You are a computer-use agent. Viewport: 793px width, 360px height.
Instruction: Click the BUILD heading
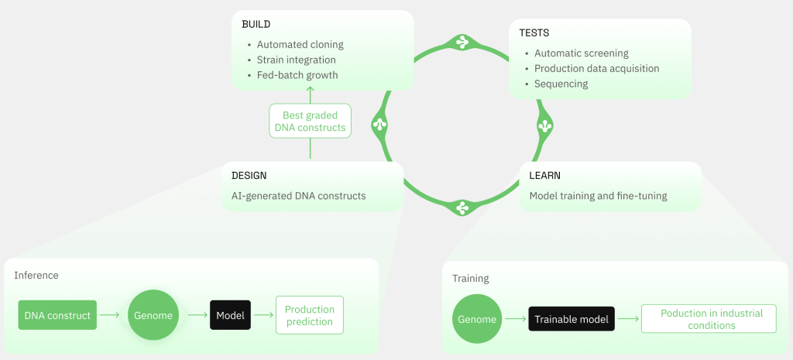256,24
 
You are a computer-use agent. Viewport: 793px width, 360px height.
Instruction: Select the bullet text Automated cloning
300,44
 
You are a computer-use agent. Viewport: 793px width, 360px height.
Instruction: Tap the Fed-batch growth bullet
297,75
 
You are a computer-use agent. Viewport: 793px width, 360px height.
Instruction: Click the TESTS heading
534,33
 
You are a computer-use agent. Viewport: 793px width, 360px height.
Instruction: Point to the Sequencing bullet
561,84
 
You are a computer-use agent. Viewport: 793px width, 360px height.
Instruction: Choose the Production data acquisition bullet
597,68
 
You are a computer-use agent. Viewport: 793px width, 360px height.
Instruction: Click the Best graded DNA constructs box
310,122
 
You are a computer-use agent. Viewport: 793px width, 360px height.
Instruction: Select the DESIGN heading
249,176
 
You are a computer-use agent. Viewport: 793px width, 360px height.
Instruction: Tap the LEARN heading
544,176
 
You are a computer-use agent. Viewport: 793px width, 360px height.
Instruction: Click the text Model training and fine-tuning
598,196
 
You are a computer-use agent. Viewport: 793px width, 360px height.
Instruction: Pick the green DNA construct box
57,316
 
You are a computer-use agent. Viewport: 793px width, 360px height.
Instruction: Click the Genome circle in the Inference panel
153,315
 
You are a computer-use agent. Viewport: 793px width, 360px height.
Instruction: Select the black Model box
230,315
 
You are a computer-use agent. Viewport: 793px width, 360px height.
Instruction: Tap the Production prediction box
310,315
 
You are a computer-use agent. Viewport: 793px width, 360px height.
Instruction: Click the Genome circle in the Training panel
477,319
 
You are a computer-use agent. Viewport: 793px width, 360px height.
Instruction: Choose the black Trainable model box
572,319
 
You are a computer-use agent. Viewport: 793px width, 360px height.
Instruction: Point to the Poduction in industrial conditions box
709,319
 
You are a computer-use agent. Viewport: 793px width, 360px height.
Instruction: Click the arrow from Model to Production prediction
263,315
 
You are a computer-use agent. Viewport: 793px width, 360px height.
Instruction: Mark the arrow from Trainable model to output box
627,319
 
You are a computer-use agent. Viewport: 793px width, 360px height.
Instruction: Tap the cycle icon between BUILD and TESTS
462,42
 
